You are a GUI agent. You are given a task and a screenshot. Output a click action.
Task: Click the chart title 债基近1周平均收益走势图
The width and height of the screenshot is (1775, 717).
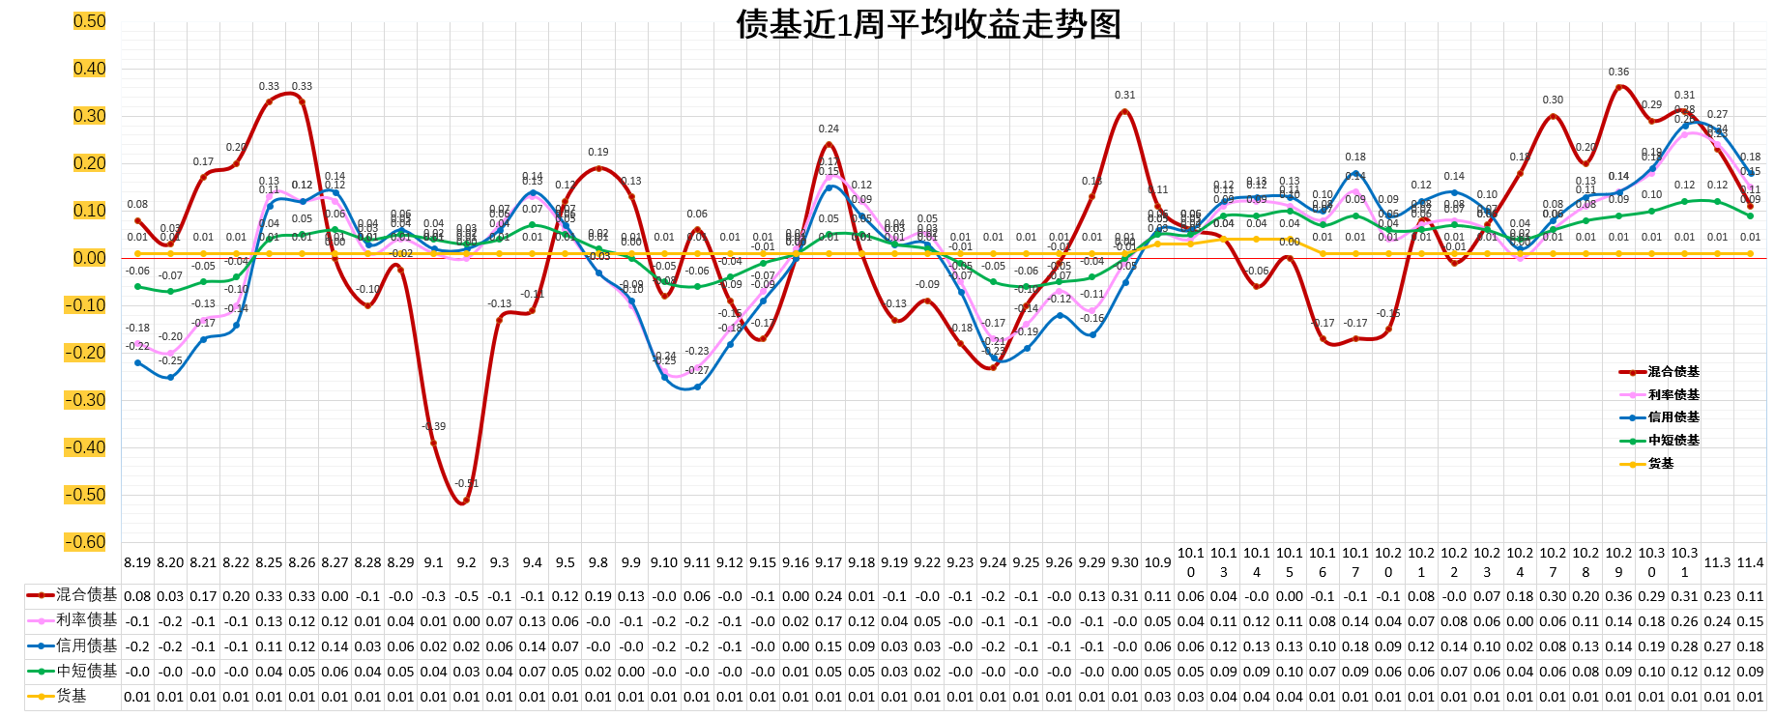(x=928, y=24)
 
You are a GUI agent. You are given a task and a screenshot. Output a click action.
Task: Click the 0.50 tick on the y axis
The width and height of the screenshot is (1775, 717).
(x=90, y=21)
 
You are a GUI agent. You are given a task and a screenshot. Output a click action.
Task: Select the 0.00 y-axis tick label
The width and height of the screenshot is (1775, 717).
(x=90, y=258)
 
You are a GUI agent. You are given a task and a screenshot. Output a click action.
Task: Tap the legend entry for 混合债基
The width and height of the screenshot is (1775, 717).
(x=1673, y=372)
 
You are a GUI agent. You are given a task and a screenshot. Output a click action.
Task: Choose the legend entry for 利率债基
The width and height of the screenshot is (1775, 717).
(x=1673, y=395)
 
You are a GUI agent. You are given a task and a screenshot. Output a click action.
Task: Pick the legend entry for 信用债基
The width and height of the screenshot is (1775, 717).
(x=1673, y=417)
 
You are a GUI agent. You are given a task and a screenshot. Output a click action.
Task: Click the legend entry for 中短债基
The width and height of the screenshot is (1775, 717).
(x=1673, y=441)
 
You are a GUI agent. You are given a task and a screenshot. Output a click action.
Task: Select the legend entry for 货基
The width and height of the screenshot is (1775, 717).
(x=1660, y=464)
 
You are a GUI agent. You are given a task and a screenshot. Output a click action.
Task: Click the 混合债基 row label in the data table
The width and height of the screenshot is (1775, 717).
(x=85, y=595)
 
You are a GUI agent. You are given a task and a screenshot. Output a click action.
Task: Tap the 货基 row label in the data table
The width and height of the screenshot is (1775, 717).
(x=71, y=696)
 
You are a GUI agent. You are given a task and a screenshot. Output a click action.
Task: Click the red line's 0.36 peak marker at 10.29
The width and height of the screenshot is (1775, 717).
(x=1618, y=88)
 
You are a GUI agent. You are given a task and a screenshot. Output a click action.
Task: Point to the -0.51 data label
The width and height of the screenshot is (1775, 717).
(x=467, y=483)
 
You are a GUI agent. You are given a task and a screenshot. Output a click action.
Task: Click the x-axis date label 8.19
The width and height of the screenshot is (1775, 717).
(x=137, y=562)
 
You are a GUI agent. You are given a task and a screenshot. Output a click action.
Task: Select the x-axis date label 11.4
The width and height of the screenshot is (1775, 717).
(x=1750, y=562)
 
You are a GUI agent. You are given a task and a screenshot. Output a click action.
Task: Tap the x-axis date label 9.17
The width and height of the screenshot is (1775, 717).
(x=829, y=562)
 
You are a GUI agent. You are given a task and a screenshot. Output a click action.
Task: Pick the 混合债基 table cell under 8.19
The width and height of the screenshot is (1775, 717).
(x=137, y=596)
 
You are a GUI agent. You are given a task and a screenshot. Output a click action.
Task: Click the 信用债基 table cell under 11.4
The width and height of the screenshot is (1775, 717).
(x=1750, y=646)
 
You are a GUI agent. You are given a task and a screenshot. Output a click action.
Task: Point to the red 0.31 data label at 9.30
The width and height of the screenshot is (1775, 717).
(x=1124, y=95)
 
